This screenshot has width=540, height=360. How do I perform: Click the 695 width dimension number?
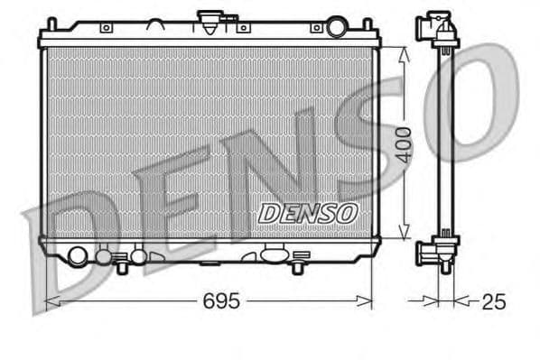coord(219,301)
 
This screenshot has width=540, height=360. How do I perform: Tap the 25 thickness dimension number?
coord(493,301)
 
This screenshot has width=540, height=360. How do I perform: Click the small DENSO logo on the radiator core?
coord(308,213)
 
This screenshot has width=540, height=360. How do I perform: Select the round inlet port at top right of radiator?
coord(336,27)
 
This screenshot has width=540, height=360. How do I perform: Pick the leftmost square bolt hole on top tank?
coord(106,29)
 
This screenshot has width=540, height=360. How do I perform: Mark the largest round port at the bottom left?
coord(79,256)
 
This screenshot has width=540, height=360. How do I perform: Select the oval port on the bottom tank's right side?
coord(271,255)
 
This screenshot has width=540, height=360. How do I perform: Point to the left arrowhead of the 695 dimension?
coord(49,300)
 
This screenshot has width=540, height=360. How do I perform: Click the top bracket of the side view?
coord(439,30)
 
